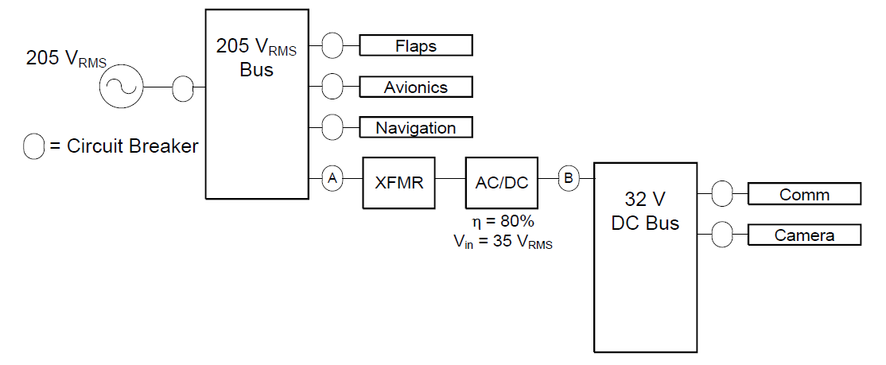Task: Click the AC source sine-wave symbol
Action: click(121, 87)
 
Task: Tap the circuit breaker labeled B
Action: click(568, 179)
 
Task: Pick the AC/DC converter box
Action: click(502, 182)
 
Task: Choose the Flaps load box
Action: click(416, 45)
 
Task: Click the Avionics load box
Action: click(416, 87)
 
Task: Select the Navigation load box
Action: click(416, 127)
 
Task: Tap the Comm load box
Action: click(804, 194)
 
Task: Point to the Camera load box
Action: click(804, 235)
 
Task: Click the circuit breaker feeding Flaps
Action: click(332, 45)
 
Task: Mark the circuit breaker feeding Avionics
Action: click(332, 86)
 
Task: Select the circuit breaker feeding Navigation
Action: click(332, 126)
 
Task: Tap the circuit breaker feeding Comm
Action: click(722, 193)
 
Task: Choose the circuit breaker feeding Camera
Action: click(722, 235)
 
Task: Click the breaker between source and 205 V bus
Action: click(183, 87)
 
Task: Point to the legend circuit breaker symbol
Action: click(34, 146)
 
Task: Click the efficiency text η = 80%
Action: click(503, 222)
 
